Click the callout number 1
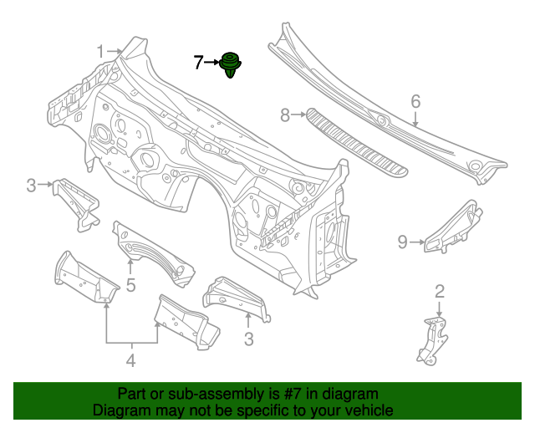(100, 52)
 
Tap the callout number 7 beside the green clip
(198, 62)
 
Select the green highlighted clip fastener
(230, 65)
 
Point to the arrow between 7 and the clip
(211, 62)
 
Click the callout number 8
(285, 115)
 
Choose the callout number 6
(415, 102)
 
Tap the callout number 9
(402, 242)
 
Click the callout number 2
(439, 292)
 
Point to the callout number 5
(130, 286)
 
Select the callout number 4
(130, 361)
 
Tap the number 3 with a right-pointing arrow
(31, 186)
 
